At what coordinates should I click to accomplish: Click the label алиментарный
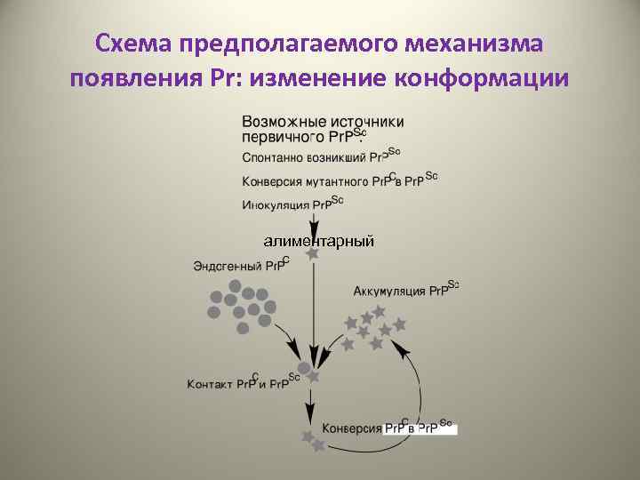point(318,241)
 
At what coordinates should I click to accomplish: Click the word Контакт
point(210,384)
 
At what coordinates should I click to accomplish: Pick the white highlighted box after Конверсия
point(420,428)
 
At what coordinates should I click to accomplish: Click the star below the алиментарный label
point(312,254)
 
